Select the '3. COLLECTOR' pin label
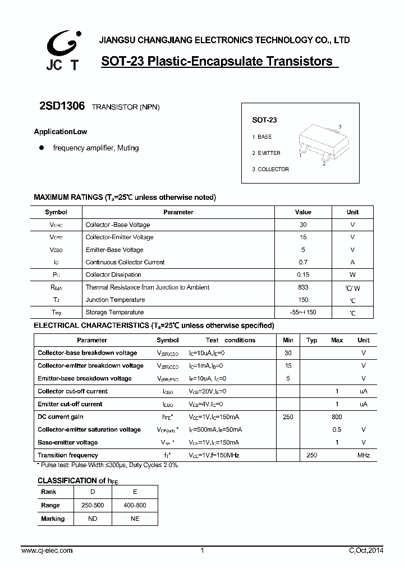[x=270, y=169]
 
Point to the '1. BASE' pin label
[x=262, y=137]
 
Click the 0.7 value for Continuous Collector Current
[x=303, y=262]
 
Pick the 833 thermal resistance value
[x=303, y=287]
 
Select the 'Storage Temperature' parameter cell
[x=114, y=312]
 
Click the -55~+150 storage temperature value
[x=303, y=312]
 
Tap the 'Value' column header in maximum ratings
[x=303, y=212]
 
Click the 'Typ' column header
[x=312, y=340]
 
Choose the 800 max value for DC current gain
[x=337, y=417]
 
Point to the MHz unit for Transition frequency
[x=364, y=455]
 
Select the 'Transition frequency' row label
[x=68, y=455]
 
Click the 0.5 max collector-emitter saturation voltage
[x=337, y=429]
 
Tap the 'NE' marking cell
[x=135, y=519]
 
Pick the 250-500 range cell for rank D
[x=93, y=505]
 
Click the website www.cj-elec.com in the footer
[x=47, y=551]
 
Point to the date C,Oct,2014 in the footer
[x=366, y=551]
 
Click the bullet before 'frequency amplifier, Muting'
[x=41, y=148]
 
